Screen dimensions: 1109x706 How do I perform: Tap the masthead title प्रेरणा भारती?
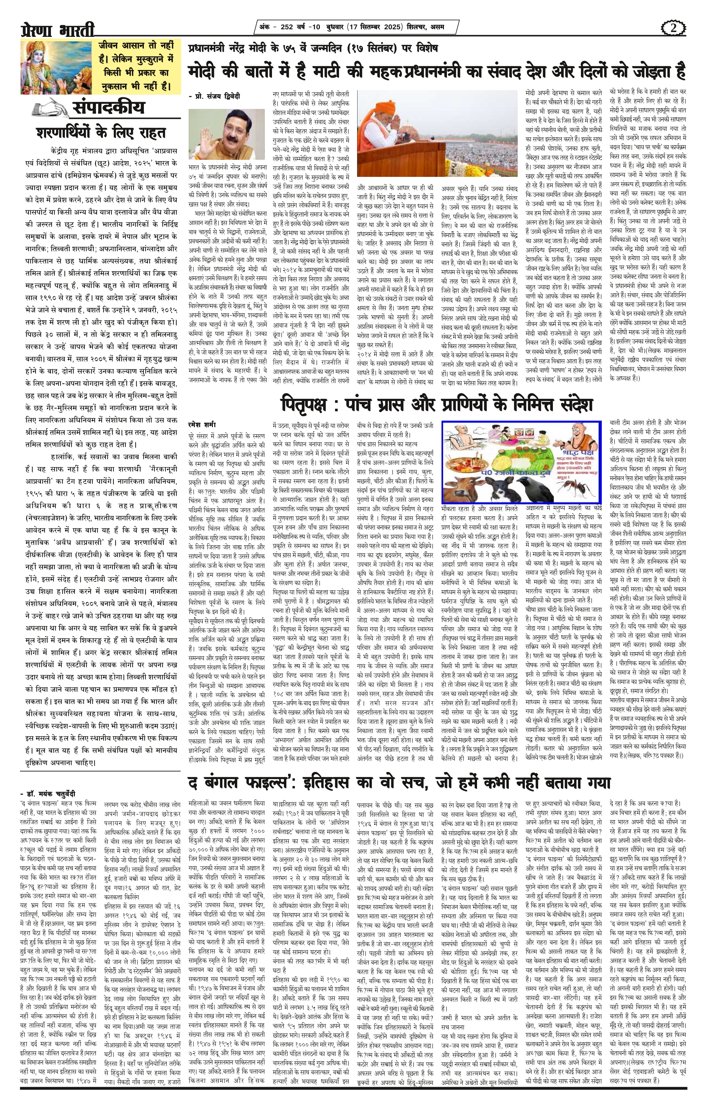click(x=58, y=30)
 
